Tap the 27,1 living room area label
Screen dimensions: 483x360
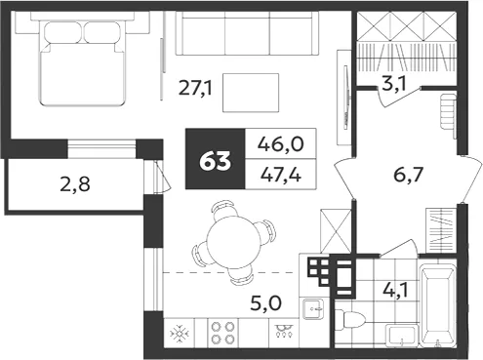click(x=195, y=89)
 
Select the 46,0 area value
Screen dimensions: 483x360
click(x=281, y=144)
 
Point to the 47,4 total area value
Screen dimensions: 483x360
click(x=281, y=175)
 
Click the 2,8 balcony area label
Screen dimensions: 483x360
click(x=75, y=184)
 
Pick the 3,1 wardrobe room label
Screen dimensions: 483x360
click(x=394, y=84)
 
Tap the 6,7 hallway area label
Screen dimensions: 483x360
click(x=409, y=175)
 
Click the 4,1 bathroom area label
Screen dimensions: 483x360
click(x=395, y=290)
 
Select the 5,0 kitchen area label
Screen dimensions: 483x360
click(x=266, y=303)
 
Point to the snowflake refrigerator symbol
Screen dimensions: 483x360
click(x=180, y=334)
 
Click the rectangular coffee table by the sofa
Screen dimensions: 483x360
click(x=251, y=93)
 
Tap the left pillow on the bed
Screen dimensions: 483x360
click(x=62, y=32)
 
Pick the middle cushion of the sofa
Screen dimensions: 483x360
click(x=247, y=33)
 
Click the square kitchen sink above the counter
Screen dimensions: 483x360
click(x=312, y=309)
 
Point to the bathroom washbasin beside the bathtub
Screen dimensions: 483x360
click(x=402, y=336)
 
